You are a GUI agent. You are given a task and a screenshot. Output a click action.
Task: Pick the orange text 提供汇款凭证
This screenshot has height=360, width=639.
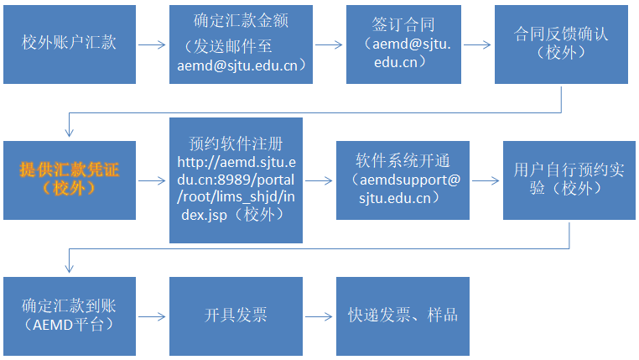(x=70, y=170)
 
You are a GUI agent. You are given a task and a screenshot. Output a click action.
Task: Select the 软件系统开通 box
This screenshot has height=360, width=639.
(x=403, y=180)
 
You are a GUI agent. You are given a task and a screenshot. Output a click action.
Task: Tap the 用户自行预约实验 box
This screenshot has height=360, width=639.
(x=569, y=180)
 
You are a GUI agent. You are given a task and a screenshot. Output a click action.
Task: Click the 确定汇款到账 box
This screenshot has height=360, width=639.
(x=69, y=316)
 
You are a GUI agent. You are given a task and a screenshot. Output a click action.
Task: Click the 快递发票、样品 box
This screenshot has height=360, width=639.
(x=403, y=316)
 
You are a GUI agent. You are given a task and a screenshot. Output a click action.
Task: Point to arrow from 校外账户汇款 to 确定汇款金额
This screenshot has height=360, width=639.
(x=152, y=44)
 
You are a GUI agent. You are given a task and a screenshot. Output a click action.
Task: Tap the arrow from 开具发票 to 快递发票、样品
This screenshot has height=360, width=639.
(x=319, y=316)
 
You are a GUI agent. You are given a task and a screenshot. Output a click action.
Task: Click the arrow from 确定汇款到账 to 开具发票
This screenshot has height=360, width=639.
(x=152, y=316)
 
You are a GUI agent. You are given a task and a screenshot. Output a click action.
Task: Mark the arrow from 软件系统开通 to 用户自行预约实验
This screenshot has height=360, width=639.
(x=486, y=180)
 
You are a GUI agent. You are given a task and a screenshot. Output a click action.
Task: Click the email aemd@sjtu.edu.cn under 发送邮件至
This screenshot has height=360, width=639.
(x=242, y=65)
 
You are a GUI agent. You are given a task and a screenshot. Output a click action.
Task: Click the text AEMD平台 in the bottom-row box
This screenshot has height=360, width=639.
(x=69, y=325)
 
